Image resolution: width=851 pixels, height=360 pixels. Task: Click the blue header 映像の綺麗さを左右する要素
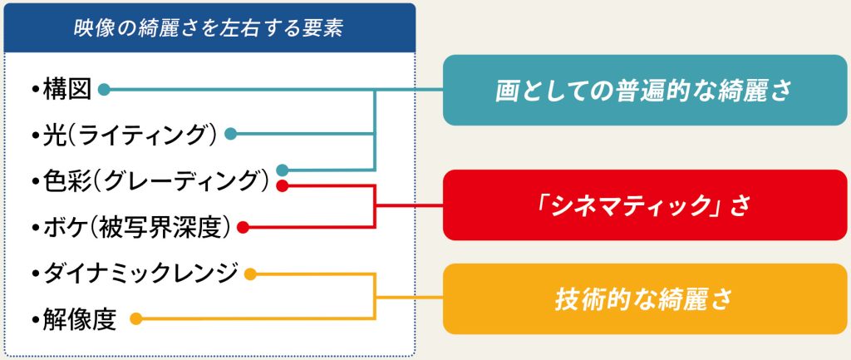(x=209, y=28)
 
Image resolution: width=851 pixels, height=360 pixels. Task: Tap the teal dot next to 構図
(x=104, y=90)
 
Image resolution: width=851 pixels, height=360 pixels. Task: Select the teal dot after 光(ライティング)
(x=230, y=134)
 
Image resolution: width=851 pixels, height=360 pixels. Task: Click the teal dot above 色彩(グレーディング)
(x=282, y=170)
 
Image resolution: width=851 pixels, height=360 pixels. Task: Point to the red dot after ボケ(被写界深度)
(x=243, y=228)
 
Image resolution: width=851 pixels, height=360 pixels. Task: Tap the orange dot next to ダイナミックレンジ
(x=250, y=274)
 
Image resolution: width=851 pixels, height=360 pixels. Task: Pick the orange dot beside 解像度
(x=136, y=319)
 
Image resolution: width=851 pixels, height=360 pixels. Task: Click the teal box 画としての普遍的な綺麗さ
(x=645, y=90)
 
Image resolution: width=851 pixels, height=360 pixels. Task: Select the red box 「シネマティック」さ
(x=645, y=205)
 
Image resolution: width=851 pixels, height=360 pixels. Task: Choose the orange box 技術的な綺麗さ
(x=645, y=299)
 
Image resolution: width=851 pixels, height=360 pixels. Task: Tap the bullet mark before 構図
(x=37, y=91)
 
